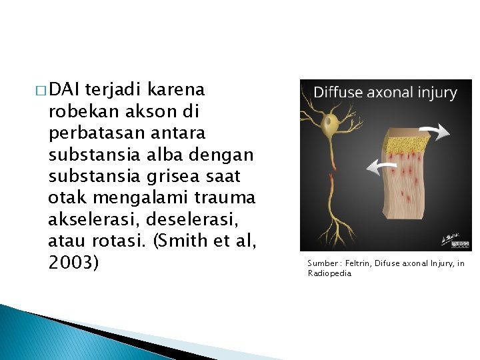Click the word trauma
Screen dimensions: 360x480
(225, 198)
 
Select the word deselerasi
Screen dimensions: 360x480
(189, 219)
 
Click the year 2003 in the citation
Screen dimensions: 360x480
(73, 263)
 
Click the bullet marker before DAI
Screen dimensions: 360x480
(42, 90)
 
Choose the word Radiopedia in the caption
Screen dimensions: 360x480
(329, 273)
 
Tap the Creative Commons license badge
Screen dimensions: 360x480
(459, 244)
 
